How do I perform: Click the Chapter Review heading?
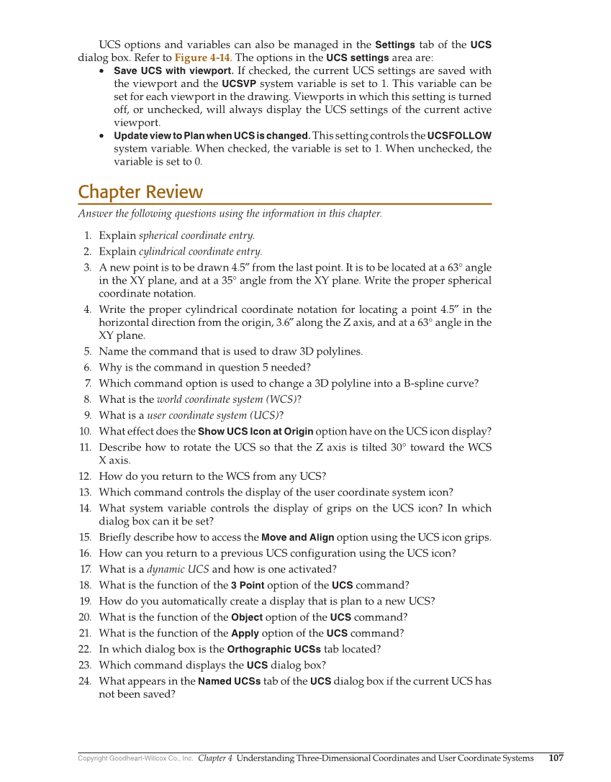140,192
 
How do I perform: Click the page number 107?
556,758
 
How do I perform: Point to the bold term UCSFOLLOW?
459,135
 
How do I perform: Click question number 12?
85,476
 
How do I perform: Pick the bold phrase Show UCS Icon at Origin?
255,432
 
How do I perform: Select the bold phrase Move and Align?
297,537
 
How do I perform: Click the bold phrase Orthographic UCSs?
274,649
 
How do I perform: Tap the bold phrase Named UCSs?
229,681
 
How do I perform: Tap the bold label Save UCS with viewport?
173,71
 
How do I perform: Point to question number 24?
85,681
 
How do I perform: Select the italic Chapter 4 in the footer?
215,758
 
